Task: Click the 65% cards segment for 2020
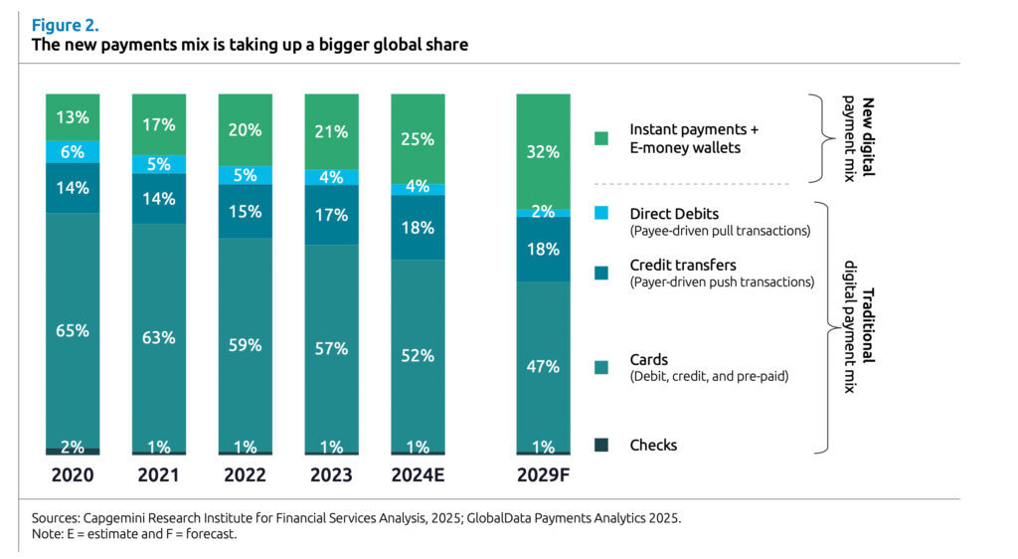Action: (73, 330)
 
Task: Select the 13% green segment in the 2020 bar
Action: (73, 117)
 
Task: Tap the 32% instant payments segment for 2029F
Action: (544, 152)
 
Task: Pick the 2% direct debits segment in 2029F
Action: (544, 213)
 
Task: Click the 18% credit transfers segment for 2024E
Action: (418, 228)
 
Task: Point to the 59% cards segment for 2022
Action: (246, 345)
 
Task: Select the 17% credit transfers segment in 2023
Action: (331, 215)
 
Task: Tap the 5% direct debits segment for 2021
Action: (159, 164)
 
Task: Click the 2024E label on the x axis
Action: (418, 475)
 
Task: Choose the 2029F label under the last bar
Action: (544, 475)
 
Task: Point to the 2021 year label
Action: (159, 475)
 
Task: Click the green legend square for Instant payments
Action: (600, 138)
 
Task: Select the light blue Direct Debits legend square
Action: (600, 213)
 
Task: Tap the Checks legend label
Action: (653, 445)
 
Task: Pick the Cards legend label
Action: (649, 359)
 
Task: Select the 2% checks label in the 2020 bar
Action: (73, 448)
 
